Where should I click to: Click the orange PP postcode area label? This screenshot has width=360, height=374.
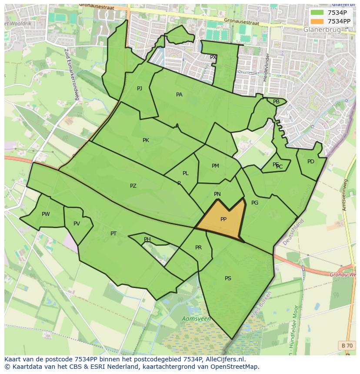click(x=223, y=219)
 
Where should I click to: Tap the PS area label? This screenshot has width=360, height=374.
click(x=228, y=278)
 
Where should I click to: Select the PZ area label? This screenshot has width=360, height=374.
click(x=133, y=186)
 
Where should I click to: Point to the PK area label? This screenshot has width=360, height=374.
click(x=146, y=140)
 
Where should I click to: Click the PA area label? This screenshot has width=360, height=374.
click(x=179, y=95)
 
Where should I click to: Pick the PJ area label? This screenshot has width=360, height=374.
click(x=140, y=89)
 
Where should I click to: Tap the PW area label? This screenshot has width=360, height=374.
click(x=46, y=214)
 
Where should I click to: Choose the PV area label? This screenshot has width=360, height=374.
click(x=77, y=224)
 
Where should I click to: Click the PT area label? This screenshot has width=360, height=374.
click(x=113, y=234)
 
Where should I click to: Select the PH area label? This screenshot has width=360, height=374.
click(x=147, y=239)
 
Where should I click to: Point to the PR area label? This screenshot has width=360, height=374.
click(x=198, y=248)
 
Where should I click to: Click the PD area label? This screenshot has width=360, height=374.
click(x=310, y=162)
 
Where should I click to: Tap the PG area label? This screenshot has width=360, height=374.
click(x=255, y=203)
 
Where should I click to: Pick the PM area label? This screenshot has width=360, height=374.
click(x=215, y=166)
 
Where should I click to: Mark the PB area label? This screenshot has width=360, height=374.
click(x=276, y=102)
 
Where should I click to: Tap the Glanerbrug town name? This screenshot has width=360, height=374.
click(x=322, y=30)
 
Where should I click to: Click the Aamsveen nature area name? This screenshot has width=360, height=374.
click(x=196, y=319)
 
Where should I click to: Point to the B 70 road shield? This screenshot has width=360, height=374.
click(x=347, y=345)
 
